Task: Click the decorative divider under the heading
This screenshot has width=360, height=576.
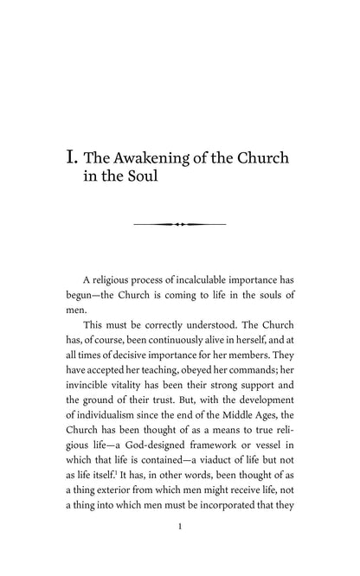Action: tap(180, 224)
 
